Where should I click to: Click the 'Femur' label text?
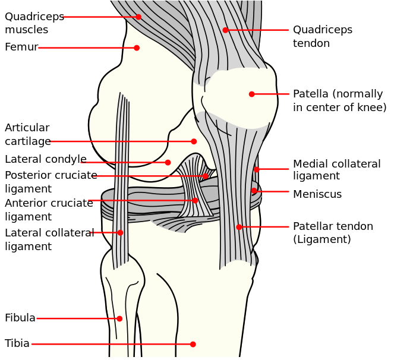click(x=21, y=48)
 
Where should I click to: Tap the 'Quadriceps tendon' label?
click(x=322, y=37)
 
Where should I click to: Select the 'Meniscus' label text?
click(x=317, y=194)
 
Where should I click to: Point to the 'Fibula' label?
click(x=20, y=318)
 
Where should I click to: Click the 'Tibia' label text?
click(x=17, y=344)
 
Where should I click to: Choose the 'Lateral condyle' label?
click(x=46, y=160)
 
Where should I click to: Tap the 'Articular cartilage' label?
click(x=27, y=135)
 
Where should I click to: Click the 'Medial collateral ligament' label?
click(x=336, y=170)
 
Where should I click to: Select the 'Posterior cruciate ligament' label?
click(x=51, y=182)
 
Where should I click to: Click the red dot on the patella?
click(x=251, y=94)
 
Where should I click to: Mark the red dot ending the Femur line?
click(x=137, y=48)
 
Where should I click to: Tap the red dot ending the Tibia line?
click(x=193, y=344)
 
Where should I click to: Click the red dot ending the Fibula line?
click(x=119, y=318)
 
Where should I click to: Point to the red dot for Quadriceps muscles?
click(x=138, y=17)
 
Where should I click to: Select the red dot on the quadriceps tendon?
click(x=225, y=30)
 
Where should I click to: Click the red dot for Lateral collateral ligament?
click(x=120, y=232)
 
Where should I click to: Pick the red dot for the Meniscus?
click(x=254, y=191)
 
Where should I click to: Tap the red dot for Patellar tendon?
click(x=239, y=227)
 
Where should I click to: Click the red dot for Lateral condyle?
click(x=168, y=162)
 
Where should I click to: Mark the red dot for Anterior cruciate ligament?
click(x=195, y=200)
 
